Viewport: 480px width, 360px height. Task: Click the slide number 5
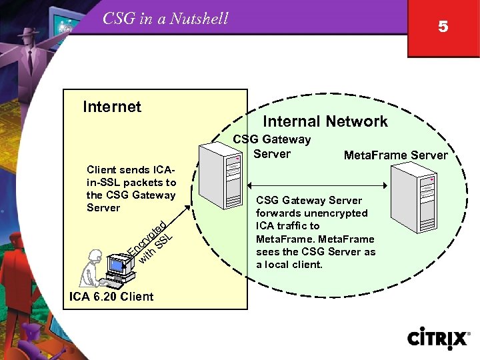coord(443,27)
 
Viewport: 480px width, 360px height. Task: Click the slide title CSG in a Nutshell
coord(165,19)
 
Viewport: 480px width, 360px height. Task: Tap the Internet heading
coord(112,107)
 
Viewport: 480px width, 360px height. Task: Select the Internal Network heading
coord(325,121)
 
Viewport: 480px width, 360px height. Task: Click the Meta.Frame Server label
coord(395,155)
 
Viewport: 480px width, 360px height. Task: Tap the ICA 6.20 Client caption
coord(111,297)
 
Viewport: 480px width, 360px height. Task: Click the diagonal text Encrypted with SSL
coord(151,240)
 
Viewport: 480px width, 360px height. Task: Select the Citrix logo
coord(438,338)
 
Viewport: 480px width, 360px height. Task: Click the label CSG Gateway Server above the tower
coord(271,147)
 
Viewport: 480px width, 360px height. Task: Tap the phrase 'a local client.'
coord(289,265)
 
